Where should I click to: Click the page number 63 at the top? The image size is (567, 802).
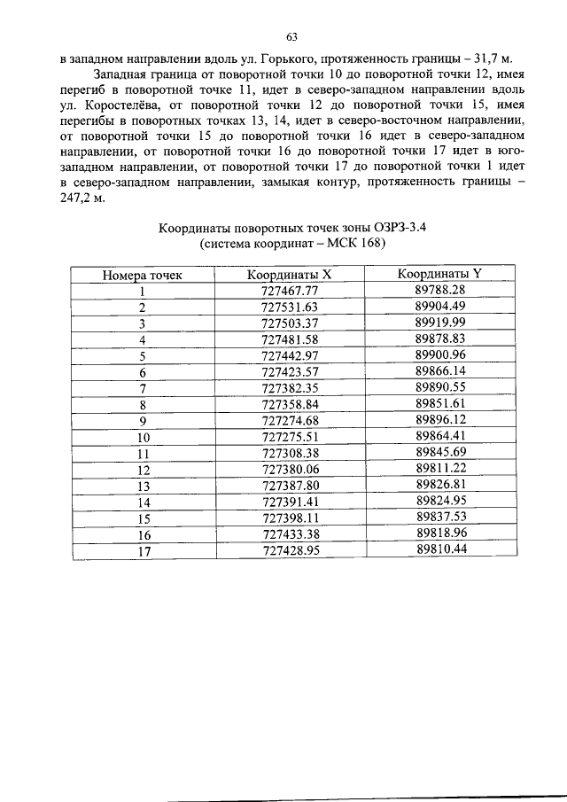291,36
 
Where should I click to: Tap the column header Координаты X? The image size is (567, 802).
290,275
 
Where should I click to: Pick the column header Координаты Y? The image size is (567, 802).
439,274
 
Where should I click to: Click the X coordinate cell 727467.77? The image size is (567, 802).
290,291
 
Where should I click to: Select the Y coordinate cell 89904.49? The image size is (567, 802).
439,307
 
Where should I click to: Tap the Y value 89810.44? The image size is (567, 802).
439,549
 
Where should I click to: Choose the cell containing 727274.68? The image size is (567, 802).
290,420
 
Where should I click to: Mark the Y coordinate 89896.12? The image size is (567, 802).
439,419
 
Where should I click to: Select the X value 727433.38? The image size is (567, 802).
290,534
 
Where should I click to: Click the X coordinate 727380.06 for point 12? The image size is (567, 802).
290,469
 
